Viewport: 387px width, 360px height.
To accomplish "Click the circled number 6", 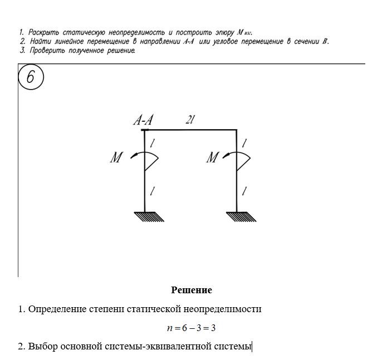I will (x=30, y=77).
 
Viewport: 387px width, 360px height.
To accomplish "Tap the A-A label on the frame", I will (x=144, y=121).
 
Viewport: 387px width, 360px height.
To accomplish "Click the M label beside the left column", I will (x=116, y=158).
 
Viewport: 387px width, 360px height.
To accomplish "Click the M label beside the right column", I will (x=212, y=158).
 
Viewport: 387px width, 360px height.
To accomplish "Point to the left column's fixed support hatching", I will (x=149, y=216).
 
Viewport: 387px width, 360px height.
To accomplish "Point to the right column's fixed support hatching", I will (x=241, y=216).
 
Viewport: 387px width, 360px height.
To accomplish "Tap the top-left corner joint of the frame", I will (x=145, y=130).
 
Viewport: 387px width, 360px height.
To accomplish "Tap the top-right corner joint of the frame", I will (x=237, y=130).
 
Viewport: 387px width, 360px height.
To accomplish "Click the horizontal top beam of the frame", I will (x=191, y=130).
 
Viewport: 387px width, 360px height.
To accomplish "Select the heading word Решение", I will (x=192, y=290).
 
